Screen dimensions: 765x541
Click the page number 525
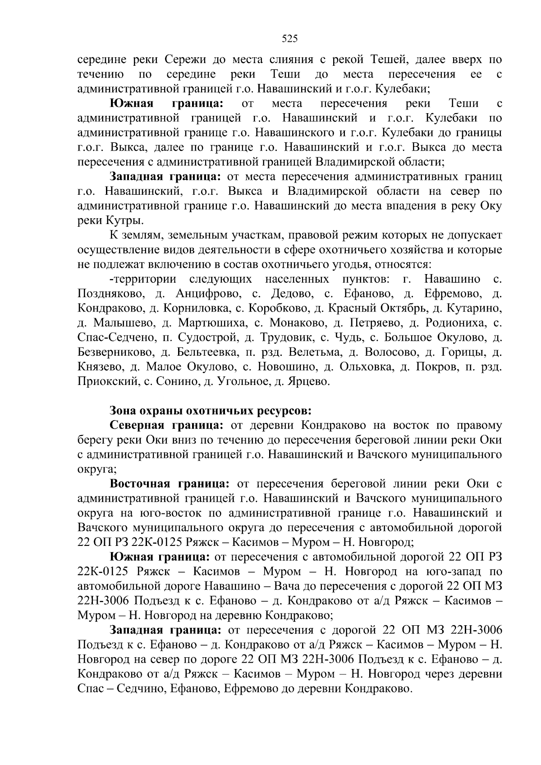[x=290, y=39]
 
